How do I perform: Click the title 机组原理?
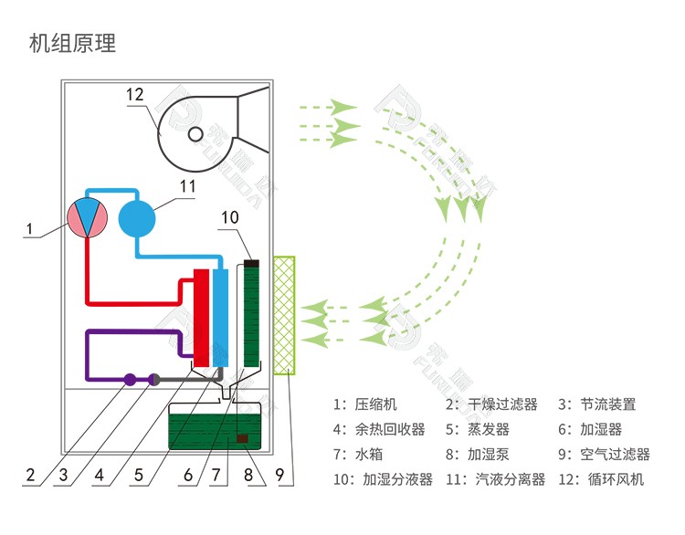point(73,43)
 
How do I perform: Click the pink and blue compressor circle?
point(88,217)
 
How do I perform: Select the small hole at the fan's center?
point(195,134)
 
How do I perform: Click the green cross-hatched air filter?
point(286,315)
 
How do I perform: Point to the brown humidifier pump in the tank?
point(243,439)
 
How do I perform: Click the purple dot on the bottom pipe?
point(130,379)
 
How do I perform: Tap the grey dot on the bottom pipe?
point(154,379)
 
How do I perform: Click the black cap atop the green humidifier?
point(252,264)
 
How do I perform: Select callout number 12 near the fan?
point(135,94)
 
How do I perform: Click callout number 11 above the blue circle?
point(187,186)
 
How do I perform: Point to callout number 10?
point(229,216)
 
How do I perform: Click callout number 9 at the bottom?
point(279,475)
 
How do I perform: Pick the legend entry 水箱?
point(369,454)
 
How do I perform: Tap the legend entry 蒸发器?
point(489,429)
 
